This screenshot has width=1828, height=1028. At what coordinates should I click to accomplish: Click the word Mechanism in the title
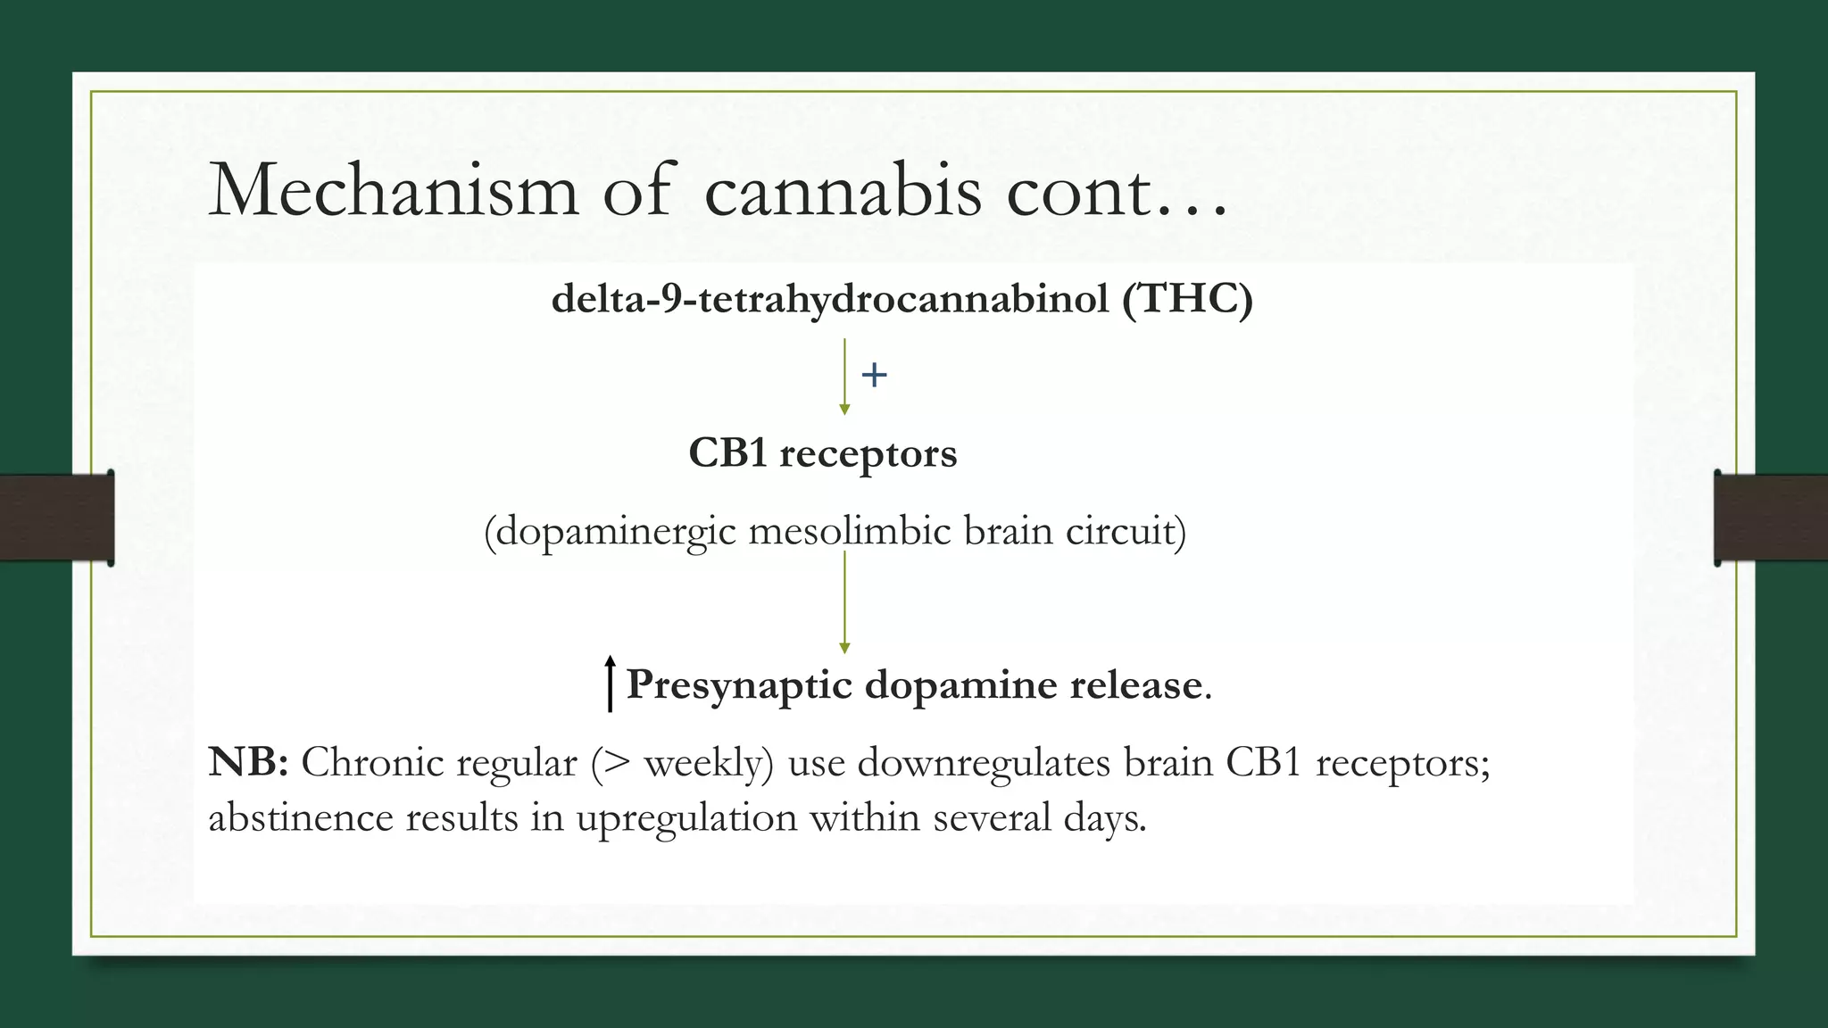pyautogui.click(x=394, y=190)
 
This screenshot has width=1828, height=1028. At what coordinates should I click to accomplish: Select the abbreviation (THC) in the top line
pyautogui.click(x=1187, y=298)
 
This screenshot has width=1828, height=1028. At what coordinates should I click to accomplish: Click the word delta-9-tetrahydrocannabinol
pyautogui.click(x=830, y=298)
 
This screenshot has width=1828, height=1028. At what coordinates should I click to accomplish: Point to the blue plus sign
pyautogui.click(x=874, y=375)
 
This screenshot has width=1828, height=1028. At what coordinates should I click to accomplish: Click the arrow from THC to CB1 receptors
pyautogui.click(x=844, y=376)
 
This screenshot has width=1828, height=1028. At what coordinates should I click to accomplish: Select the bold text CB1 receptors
pyautogui.click(x=822, y=453)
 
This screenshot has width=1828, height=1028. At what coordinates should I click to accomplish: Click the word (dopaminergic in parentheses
pyautogui.click(x=611, y=533)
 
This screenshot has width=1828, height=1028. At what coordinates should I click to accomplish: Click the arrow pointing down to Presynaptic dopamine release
pyautogui.click(x=844, y=602)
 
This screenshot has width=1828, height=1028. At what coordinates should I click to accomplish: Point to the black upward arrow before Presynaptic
pyautogui.click(x=610, y=684)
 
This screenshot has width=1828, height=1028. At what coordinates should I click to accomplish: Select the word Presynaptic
pyautogui.click(x=739, y=685)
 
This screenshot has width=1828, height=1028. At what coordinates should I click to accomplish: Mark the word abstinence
pyautogui.click(x=300, y=818)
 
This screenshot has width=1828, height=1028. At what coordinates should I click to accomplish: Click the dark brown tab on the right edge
pyautogui.click(x=1770, y=518)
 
